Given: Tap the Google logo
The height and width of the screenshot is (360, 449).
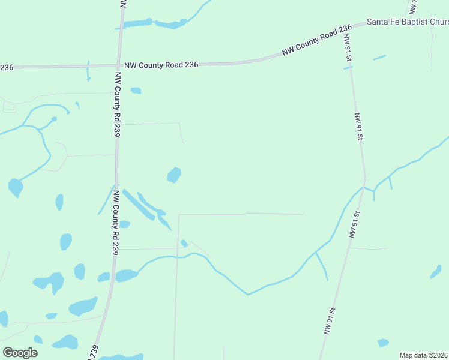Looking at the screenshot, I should [20, 353].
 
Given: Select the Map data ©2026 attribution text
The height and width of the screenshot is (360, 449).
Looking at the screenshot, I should [423, 355].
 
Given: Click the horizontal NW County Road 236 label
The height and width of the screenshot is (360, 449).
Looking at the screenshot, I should [161, 64].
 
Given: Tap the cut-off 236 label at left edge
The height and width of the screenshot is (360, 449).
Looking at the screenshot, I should [6, 67].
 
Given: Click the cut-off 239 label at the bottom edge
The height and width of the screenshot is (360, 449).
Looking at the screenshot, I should [94, 353].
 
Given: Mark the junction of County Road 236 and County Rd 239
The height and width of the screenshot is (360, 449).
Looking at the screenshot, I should [118, 65].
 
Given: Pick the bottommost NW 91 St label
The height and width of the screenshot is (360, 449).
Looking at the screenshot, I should [328, 321].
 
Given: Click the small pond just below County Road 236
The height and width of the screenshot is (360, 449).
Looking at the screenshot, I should [136, 91].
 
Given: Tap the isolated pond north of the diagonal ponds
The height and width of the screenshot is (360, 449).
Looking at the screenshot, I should [174, 175].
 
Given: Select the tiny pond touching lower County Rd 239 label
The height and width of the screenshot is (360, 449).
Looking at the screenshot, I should [125, 224].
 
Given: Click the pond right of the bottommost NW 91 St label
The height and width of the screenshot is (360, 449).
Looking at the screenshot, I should [382, 343].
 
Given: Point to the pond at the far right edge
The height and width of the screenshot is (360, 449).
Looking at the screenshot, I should [436, 272].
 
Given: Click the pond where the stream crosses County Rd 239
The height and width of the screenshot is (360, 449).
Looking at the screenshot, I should [127, 275].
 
